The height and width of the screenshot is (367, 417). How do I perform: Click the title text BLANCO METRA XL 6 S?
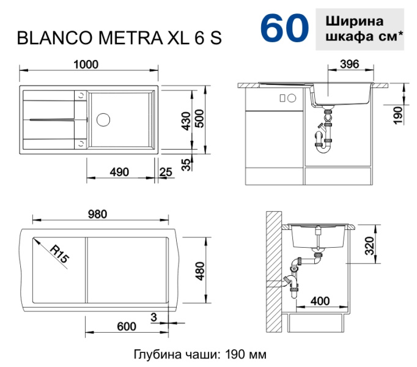[119, 38]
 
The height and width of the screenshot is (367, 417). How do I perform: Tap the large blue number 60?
[283, 28]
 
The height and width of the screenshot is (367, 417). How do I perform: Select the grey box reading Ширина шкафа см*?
[360, 29]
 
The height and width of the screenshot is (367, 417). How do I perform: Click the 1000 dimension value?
[86, 64]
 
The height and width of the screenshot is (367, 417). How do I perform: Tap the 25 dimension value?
[165, 172]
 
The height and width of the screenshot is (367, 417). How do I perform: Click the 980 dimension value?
[98, 214]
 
